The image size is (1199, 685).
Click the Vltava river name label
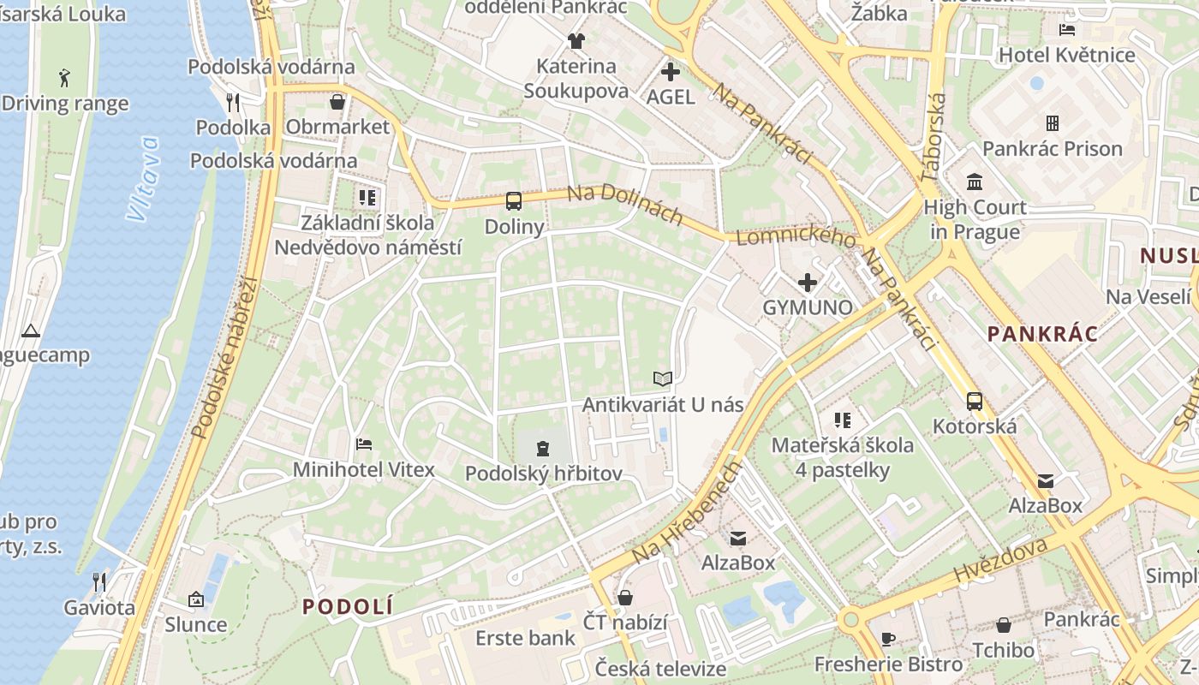click(x=142, y=178)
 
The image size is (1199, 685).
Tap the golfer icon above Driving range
click(x=64, y=79)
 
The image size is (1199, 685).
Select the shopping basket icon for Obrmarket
click(x=337, y=102)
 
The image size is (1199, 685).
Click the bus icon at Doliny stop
click(x=513, y=201)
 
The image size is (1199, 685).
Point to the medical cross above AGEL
click(x=671, y=72)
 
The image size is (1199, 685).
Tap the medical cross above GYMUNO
click(x=807, y=282)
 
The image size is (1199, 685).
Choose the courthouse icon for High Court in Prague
click(x=974, y=182)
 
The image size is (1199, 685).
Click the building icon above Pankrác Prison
click(x=1052, y=123)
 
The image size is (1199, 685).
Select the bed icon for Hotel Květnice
click(x=1066, y=30)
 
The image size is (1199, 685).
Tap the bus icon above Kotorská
click(x=974, y=401)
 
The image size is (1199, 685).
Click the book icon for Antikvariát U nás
click(x=662, y=378)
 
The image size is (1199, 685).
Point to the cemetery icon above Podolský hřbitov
click(x=542, y=447)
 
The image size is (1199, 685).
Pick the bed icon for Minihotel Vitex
click(x=363, y=444)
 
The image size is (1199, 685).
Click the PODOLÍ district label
click(x=348, y=606)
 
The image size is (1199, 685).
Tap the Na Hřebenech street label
click(x=686, y=513)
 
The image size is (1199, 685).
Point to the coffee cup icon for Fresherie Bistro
click(x=887, y=639)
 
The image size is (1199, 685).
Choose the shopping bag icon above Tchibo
click(x=1003, y=625)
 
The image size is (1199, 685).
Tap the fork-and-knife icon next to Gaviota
click(x=99, y=582)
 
